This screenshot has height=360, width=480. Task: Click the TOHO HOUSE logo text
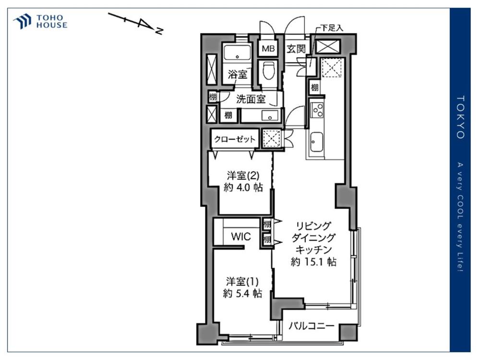[x=52, y=22]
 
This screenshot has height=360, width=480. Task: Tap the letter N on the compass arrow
[x=159, y=30]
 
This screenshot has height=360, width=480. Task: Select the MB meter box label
[x=268, y=48]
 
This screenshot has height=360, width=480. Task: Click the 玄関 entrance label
[x=296, y=48]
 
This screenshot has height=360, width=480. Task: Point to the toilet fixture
[x=268, y=71]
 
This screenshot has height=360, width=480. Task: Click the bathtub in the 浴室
[x=237, y=53]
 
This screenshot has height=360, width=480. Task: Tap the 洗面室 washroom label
[x=251, y=99]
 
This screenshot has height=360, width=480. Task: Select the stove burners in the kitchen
[x=317, y=110]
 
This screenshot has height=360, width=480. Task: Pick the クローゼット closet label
[x=235, y=139]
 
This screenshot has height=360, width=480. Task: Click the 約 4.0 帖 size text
[x=243, y=187]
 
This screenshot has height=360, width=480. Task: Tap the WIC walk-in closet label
[x=241, y=237]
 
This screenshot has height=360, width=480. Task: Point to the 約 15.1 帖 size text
[x=313, y=262]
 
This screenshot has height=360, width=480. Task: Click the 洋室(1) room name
[x=242, y=281]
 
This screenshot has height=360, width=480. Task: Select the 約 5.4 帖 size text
[x=242, y=294]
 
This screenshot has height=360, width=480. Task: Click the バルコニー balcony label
[x=312, y=326]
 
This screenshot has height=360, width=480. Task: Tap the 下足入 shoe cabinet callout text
[x=332, y=28]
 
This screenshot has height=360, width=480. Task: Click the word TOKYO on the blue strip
[x=460, y=117]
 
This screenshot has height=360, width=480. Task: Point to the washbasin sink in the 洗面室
[x=270, y=116]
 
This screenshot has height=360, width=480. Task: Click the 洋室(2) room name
[x=243, y=176]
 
